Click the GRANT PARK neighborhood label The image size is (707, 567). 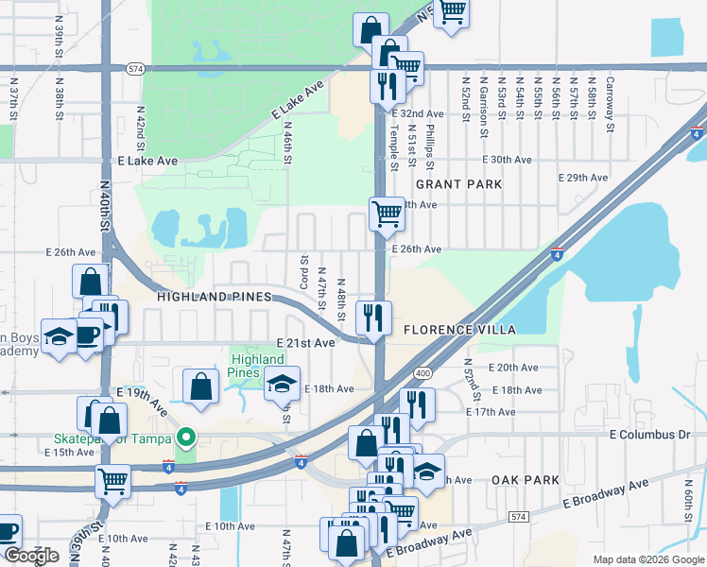[x=458, y=184]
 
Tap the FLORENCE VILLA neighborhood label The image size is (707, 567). [x=459, y=330]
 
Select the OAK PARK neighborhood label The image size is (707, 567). [x=526, y=480]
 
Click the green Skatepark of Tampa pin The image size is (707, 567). [x=186, y=438]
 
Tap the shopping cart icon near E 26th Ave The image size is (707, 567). [x=388, y=215]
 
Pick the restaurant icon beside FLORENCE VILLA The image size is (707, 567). [x=373, y=318]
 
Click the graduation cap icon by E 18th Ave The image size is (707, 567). [x=282, y=384]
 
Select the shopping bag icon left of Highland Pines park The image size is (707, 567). [x=200, y=386]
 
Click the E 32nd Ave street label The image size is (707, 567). [x=420, y=113]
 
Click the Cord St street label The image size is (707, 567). [x=303, y=272]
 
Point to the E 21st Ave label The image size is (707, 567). [x=305, y=342]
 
